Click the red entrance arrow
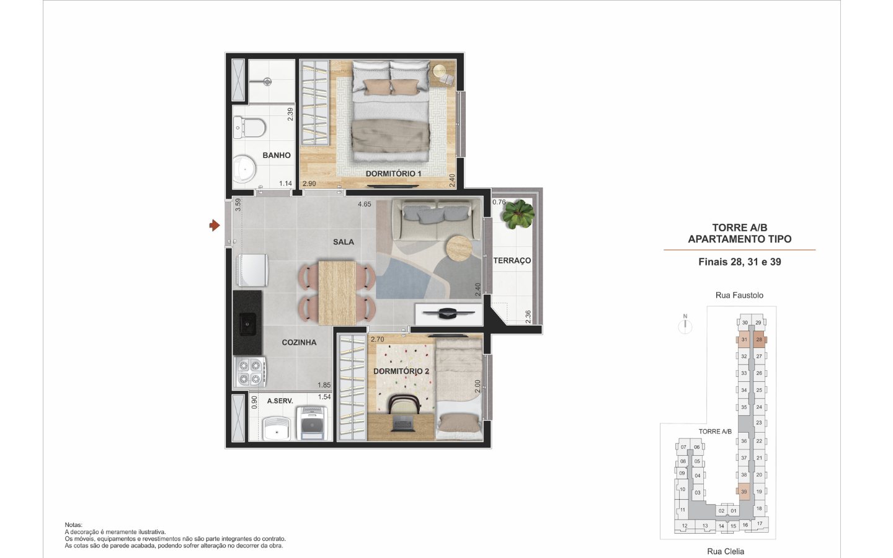pyautogui.click(x=215, y=226)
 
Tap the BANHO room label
pyautogui.click(x=277, y=156)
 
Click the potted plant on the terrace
pyautogui.click(x=518, y=214)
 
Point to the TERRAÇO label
pyautogui.click(x=512, y=260)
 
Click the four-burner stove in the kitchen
pyautogui.click(x=250, y=372)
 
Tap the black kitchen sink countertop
pyautogui.click(x=247, y=322)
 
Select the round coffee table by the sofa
pyautogui.click(x=459, y=248)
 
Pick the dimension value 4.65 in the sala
pyautogui.click(x=365, y=204)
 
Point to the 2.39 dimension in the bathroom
pyautogui.click(x=290, y=114)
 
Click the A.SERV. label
pyautogui.click(x=280, y=401)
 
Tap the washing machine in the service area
pyautogui.click(x=312, y=423)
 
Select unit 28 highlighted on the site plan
pyautogui.click(x=758, y=340)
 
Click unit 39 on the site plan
pyautogui.click(x=744, y=492)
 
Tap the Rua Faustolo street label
pyautogui.click(x=739, y=295)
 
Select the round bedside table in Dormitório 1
pyautogui.click(x=439, y=71)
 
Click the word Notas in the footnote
pyautogui.click(x=73, y=525)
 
